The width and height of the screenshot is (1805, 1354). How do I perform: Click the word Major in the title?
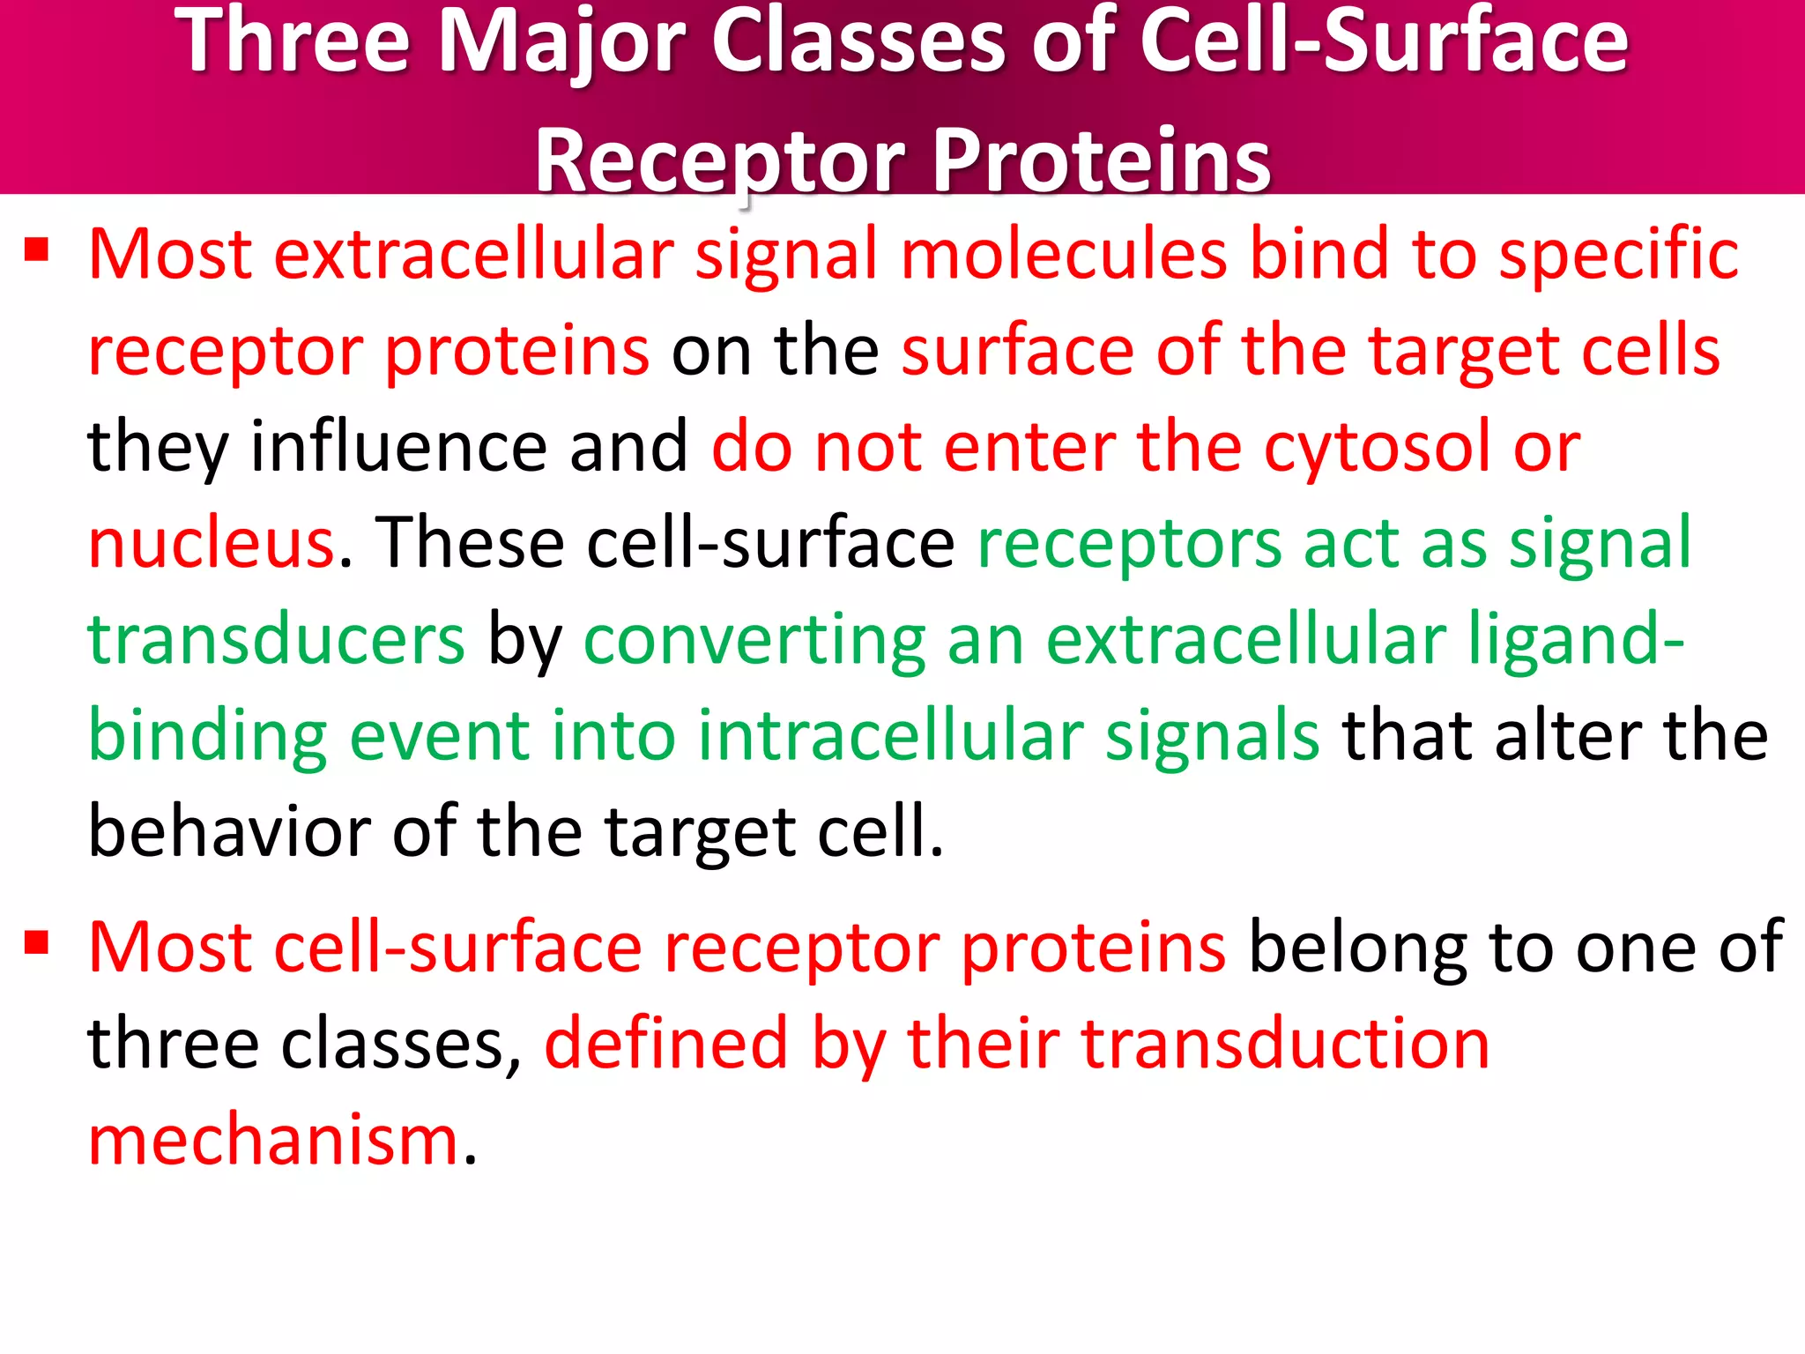click(561, 42)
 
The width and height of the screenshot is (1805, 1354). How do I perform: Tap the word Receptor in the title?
click(718, 160)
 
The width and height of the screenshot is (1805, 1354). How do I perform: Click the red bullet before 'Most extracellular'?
click(36, 250)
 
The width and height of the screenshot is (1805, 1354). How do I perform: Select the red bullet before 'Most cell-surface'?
click(36, 943)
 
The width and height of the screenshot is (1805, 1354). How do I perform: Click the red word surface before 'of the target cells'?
click(1017, 351)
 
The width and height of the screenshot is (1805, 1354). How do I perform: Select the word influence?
click(398, 446)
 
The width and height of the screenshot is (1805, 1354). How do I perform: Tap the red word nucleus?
click(212, 543)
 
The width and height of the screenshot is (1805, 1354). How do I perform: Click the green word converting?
click(754, 642)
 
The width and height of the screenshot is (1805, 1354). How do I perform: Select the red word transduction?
click(1285, 1044)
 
